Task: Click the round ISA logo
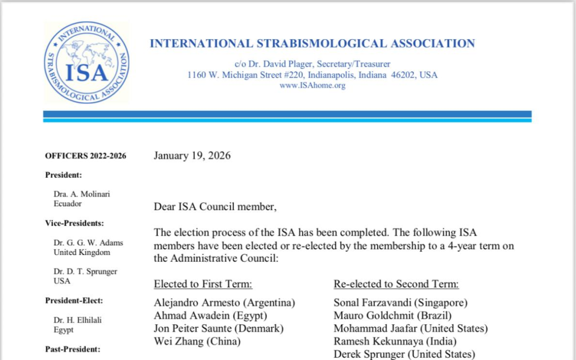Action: tap(86, 62)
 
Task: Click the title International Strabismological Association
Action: tap(312, 43)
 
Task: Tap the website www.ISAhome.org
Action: tap(312, 86)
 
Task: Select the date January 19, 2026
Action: tap(192, 156)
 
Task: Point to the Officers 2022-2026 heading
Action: tap(86, 156)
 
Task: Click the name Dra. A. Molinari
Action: tap(82, 194)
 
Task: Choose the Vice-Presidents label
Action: tap(74, 223)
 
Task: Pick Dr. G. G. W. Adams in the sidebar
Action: tap(88, 242)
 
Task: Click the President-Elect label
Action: tap(74, 300)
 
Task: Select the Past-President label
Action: tap(73, 349)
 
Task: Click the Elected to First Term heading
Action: tap(203, 284)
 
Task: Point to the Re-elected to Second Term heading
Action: tap(396, 284)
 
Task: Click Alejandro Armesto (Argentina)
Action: tap(224, 303)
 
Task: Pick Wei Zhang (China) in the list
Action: tap(197, 341)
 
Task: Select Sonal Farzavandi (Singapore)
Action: tap(400, 303)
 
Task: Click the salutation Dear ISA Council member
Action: tap(215, 207)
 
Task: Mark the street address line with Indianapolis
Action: tap(312, 75)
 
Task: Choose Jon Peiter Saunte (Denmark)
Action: tap(219, 328)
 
